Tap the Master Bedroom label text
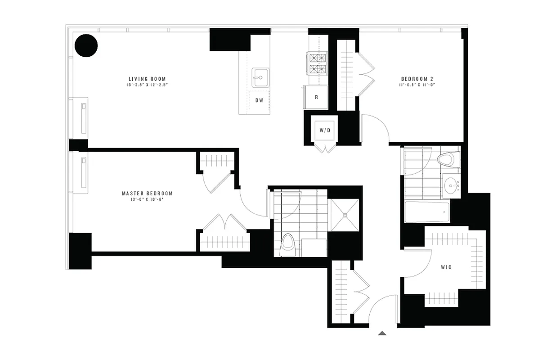click(147, 193)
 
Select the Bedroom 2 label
click(416, 79)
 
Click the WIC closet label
click(446, 267)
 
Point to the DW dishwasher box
click(259, 100)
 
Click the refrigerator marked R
click(316, 97)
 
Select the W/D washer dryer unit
click(325, 130)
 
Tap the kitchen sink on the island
click(260, 78)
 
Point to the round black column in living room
click(86, 45)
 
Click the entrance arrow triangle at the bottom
click(382, 333)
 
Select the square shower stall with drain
click(345, 215)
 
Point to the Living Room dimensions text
click(148, 85)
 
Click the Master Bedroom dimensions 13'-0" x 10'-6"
click(147, 199)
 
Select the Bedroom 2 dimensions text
click(416, 85)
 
